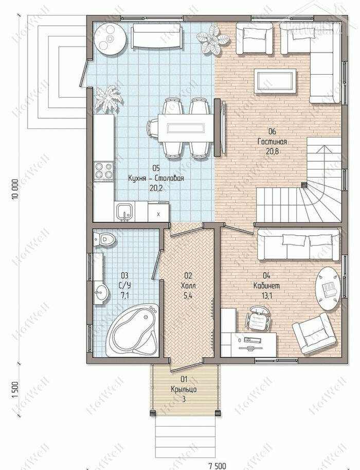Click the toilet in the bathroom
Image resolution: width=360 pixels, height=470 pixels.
tap(104, 239)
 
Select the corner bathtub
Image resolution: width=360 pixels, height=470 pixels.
tap(133, 330)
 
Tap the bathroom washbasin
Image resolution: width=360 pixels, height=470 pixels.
tap(101, 292)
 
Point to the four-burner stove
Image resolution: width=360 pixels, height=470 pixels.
tap(103, 171)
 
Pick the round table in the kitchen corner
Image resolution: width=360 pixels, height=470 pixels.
tap(110, 39)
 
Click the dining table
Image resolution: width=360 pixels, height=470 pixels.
tap(186, 128)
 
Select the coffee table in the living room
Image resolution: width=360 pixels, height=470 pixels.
tap(275, 81)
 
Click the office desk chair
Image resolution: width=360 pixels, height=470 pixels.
tap(258, 318)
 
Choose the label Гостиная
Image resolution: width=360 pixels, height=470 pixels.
tap(272, 142)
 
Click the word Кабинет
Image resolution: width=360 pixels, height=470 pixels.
tap(266, 286)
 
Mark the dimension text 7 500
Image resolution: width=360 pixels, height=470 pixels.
tap(217, 466)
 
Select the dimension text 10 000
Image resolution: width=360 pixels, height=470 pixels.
tap(15, 188)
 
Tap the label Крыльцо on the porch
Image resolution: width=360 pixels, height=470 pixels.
tap(184, 389)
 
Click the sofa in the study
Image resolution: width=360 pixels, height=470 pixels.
tap(299, 244)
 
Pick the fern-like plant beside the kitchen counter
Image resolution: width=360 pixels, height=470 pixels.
tap(108, 99)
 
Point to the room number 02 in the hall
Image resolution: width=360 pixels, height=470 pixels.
tap(188, 275)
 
